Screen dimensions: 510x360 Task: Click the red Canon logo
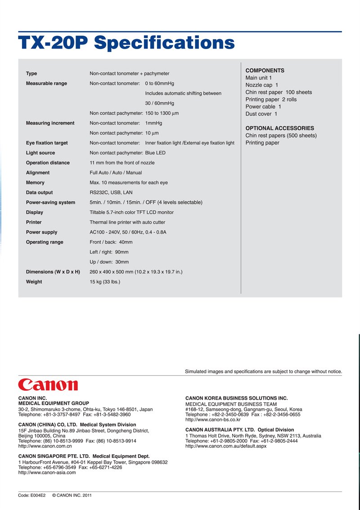pos(48,385)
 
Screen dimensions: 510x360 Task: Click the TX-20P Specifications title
pos(126,43)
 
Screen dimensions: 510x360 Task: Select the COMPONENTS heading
pos(265,71)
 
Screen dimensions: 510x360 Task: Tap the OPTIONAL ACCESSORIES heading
pos(279,128)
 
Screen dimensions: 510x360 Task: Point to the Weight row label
pos(34,282)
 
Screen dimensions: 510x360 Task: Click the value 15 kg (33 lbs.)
pos(105,282)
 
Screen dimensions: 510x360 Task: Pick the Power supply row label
pos(41,232)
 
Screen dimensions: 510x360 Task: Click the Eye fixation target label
pos(47,143)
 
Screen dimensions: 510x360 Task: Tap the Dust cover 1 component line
pos(261,114)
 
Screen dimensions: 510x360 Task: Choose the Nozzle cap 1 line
pos(261,85)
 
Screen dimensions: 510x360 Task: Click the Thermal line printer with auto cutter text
pos(127,222)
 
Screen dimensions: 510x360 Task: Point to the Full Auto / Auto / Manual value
pos(116,173)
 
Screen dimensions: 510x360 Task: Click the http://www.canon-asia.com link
pos(47,473)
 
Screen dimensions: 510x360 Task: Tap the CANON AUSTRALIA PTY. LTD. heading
pos(239,430)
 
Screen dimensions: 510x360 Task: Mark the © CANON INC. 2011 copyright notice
pos(72,496)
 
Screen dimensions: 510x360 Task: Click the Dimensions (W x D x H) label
pos(53,272)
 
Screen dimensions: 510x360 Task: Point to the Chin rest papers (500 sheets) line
pos(281,135)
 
